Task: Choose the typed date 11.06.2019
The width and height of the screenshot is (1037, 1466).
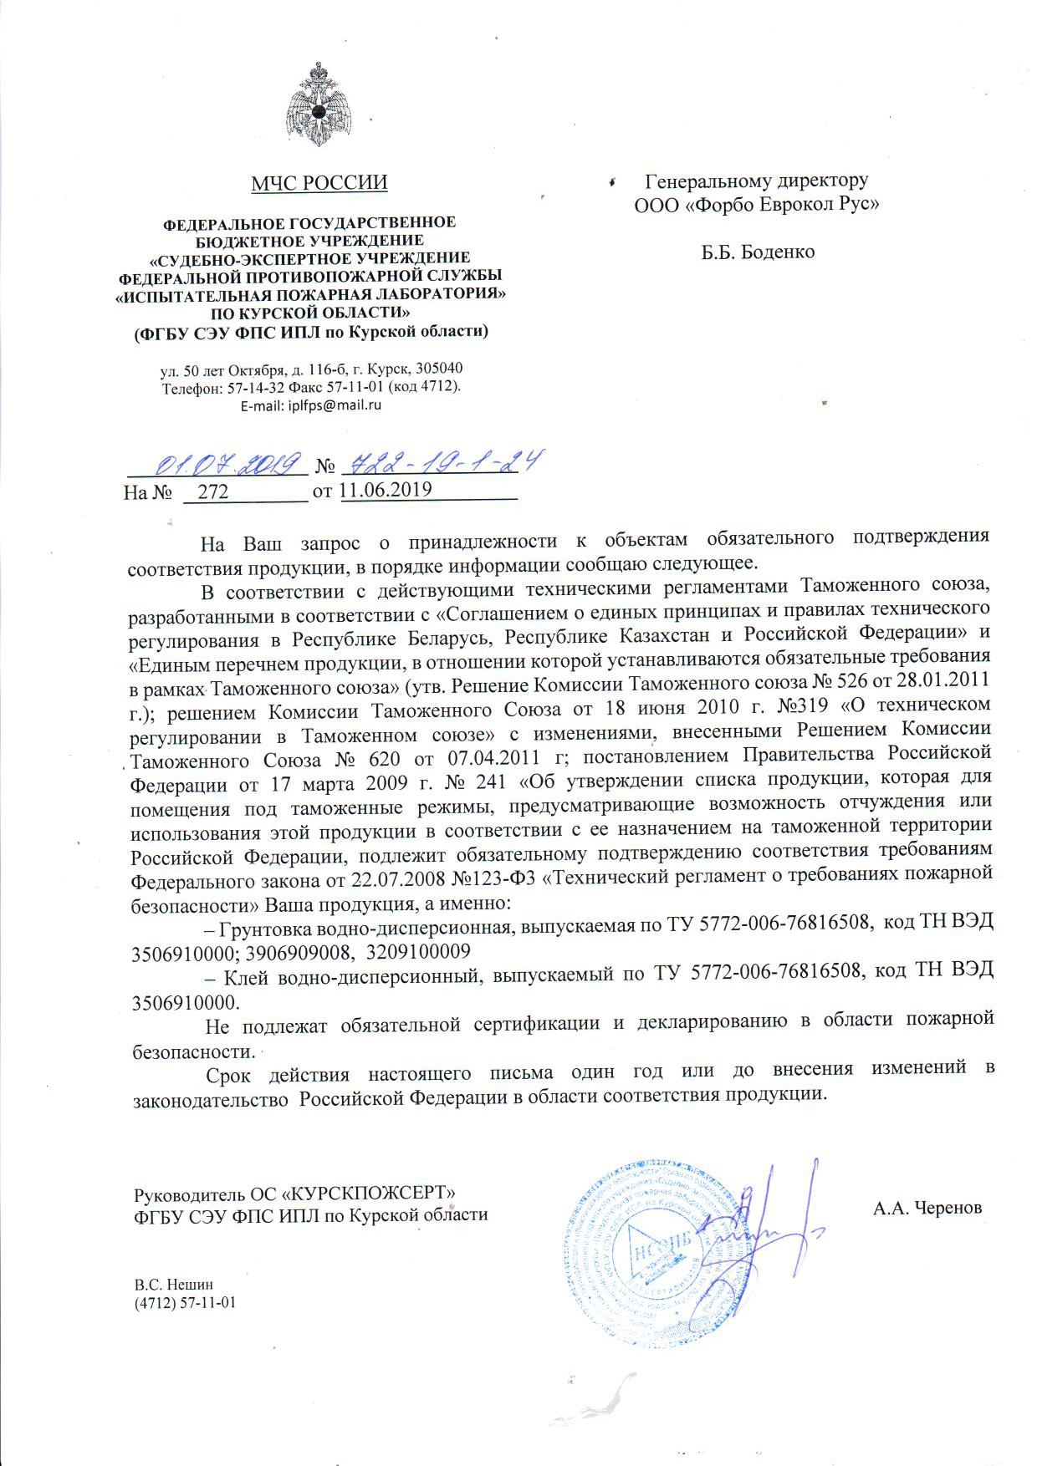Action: tap(386, 490)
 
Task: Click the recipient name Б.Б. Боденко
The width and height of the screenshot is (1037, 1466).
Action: tap(757, 251)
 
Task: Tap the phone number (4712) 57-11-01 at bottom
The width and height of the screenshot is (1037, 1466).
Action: tap(186, 1302)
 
